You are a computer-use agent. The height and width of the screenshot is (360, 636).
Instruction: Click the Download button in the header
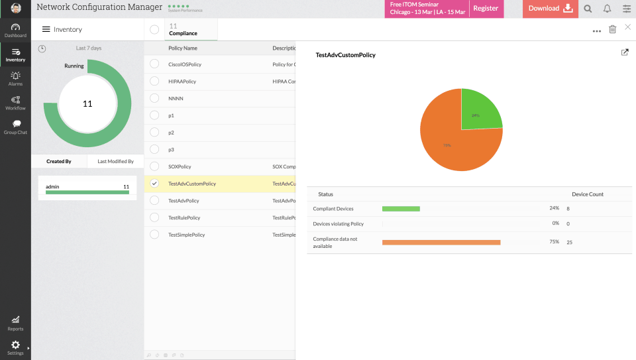pos(550,9)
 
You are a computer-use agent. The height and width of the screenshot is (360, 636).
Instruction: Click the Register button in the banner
pos(486,9)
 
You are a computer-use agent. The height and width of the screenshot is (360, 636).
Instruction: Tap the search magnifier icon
pos(588,9)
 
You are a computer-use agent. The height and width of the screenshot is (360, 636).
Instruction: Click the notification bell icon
pos(607,9)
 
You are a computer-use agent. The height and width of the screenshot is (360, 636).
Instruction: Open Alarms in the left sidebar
pos(15,79)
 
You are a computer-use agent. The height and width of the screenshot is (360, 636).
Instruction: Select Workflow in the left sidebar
pos(15,103)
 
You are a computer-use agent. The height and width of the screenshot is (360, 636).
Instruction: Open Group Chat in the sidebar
pos(15,127)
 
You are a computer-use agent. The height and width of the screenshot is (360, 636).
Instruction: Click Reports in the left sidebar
pos(15,323)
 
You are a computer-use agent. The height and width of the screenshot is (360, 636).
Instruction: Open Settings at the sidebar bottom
pos(15,347)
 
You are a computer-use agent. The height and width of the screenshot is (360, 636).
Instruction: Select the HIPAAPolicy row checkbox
pos(154,81)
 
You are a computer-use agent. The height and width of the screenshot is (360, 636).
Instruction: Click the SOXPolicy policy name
pos(180,166)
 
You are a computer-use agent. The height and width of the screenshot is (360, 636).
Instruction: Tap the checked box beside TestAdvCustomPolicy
pos(154,184)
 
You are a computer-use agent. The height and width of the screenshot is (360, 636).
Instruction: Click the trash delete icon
pos(612,29)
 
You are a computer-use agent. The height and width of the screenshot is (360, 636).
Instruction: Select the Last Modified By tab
pos(115,161)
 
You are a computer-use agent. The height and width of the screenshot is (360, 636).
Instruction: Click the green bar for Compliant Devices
pos(401,208)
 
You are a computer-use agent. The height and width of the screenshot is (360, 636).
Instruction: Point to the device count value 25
pos(569,242)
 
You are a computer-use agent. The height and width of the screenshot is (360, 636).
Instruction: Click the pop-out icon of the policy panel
pos(624,52)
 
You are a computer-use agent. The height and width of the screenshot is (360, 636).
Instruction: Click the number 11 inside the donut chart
pos(87,103)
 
